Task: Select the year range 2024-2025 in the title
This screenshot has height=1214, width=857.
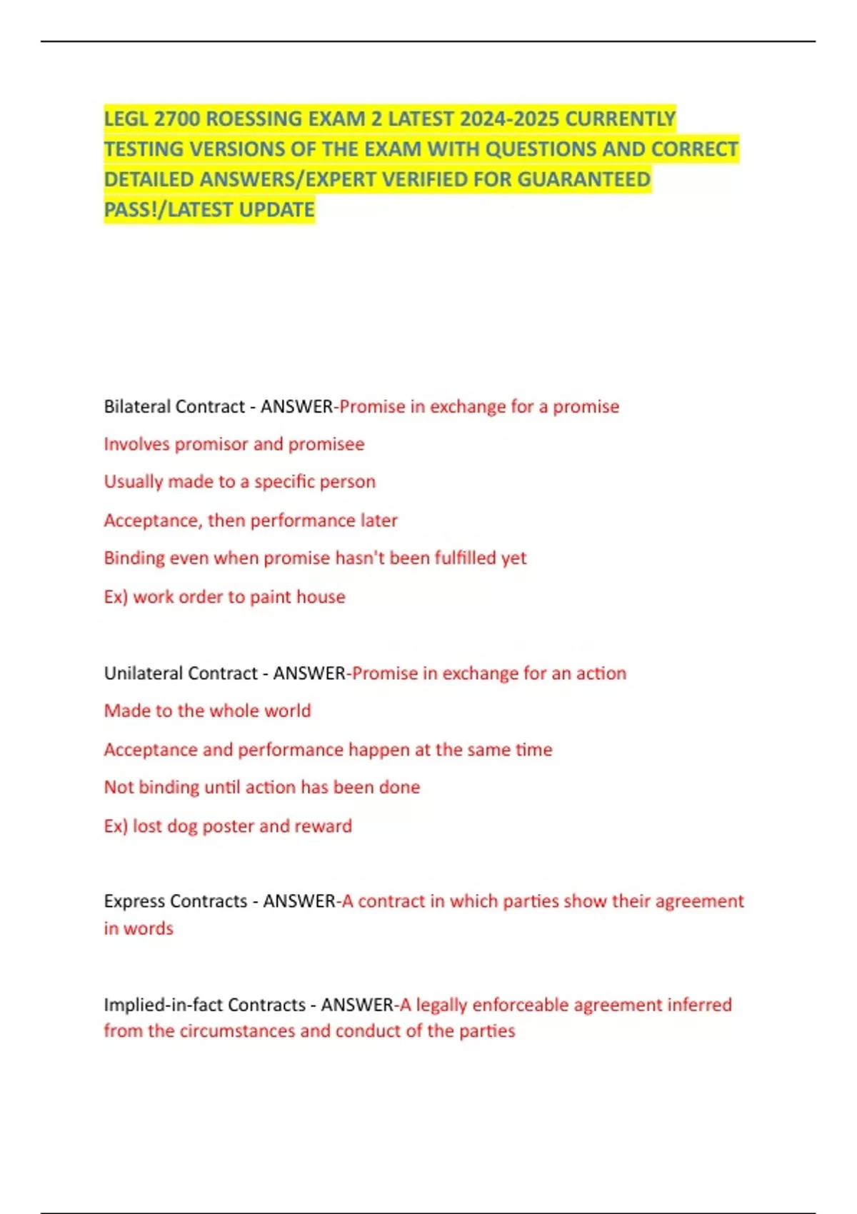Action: [x=509, y=119]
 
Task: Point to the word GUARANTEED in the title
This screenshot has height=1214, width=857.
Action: [x=583, y=179]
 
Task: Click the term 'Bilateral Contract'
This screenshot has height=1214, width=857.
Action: [x=174, y=406]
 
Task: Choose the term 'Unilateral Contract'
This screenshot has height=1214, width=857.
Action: [x=181, y=673]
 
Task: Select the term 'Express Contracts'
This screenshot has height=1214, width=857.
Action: [x=176, y=901]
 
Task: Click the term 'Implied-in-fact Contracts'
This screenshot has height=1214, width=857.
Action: [x=205, y=1005]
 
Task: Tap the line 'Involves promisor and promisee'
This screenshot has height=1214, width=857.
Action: [x=234, y=444]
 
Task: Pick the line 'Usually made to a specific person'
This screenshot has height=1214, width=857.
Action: [x=240, y=482]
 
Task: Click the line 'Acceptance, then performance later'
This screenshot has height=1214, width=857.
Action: [x=251, y=521]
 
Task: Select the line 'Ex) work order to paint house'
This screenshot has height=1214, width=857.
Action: [x=225, y=597]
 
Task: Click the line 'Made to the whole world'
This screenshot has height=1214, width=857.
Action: [x=208, y=711]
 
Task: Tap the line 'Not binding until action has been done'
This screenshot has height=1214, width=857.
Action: [x=262, y=787]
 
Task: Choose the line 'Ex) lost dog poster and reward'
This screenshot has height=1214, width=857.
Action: [x=228, y=826]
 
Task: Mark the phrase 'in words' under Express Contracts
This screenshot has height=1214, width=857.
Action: [x=139, y=928]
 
